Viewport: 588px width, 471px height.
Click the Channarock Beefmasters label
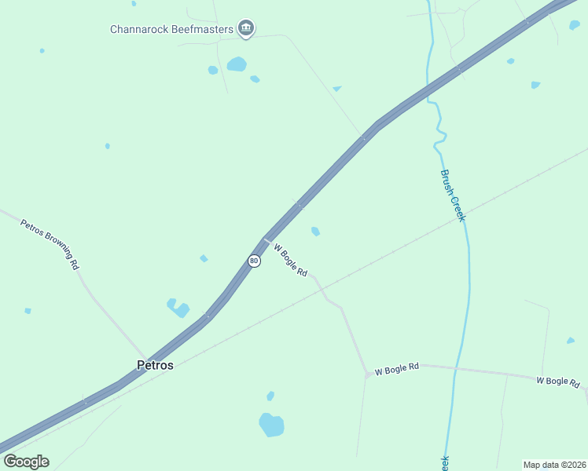(171, 30)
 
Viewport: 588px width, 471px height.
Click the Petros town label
(155, 365)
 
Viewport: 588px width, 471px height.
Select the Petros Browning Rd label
(50, 244)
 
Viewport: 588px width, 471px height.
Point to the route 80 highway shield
(254, 261)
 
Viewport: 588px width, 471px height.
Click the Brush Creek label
(452, 195)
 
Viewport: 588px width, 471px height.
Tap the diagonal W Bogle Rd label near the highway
(290, 260)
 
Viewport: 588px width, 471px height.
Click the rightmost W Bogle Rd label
(558, 382)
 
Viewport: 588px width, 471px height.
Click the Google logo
(26, 461)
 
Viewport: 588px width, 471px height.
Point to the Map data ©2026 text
(553, 465)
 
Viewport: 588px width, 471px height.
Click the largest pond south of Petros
(271, 425)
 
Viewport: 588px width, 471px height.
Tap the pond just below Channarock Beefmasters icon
(237, 64)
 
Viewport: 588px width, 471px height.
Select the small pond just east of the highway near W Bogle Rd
(315, 231)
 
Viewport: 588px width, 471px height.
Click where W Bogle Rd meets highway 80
(266, 240)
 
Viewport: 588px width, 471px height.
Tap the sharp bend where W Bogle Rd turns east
(367, 375)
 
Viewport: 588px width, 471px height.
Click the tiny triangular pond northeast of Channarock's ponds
(337, 89)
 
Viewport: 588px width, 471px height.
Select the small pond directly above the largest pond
(270, 396)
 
